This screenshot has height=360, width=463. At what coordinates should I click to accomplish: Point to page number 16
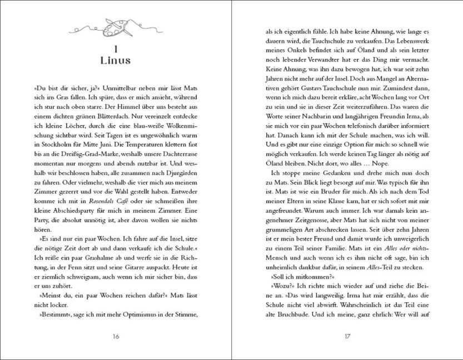click(116, 336)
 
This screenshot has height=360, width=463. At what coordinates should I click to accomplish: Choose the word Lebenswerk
click(403, 44)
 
